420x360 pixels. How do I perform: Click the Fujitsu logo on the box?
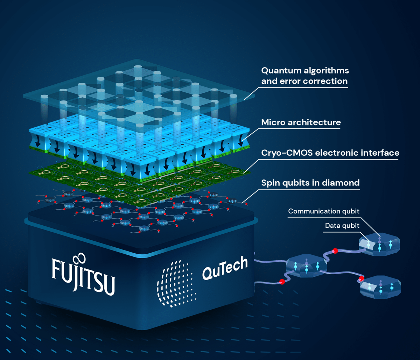click(x=83, y=275)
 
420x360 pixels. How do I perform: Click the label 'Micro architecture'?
click(x=301, y=122)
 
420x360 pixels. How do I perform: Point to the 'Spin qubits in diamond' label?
click(x=310, y=183)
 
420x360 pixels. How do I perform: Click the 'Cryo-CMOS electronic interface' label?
click(x=330, y=153)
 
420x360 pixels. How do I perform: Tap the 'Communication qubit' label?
click(x=323, y=211)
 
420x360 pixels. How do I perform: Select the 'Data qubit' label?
click(x=342, y=226)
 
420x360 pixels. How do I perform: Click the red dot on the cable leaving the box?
click(x=281, y=282)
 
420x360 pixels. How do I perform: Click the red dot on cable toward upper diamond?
click(x=335, y=251)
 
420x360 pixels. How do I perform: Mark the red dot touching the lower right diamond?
click(x=361, y=279)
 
